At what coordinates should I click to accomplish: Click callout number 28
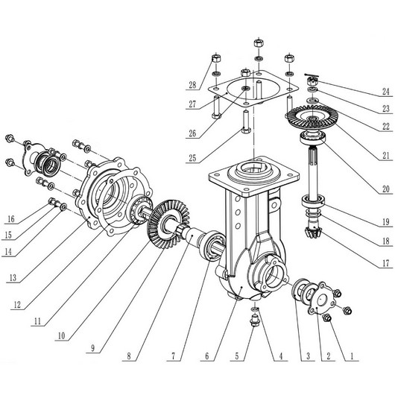tap(192, 85)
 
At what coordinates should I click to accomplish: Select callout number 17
tap(386, 263)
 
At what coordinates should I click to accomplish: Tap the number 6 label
tap(207, 356)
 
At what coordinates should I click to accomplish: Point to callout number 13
tap(13, 277)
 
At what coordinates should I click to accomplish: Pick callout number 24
tap(386, 91)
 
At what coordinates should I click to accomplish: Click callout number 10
tap(61, 335)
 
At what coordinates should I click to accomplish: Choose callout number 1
tap(352, 356)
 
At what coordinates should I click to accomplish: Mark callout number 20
tap(386, 189)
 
